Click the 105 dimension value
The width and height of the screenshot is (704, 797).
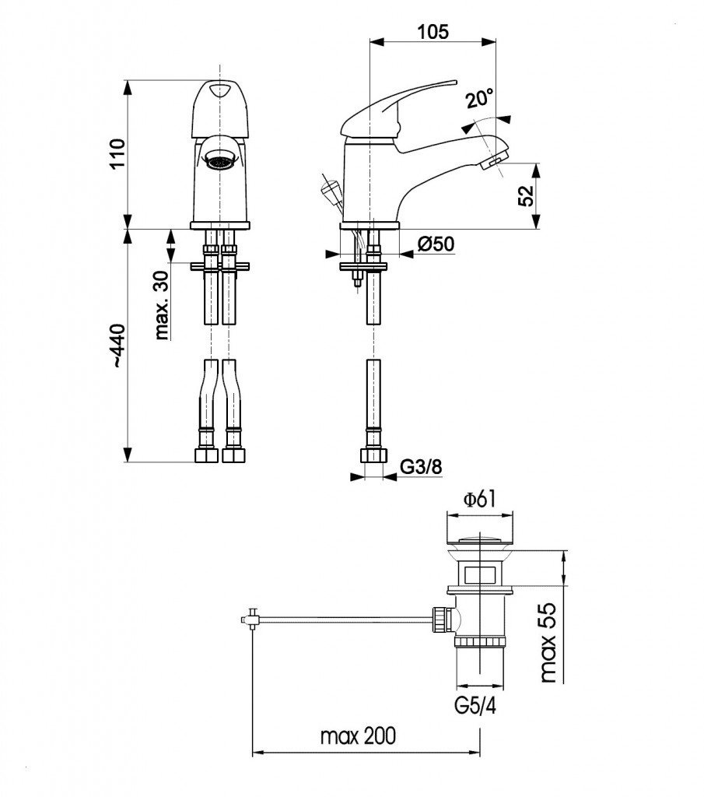433,32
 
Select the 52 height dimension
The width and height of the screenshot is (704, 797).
526,195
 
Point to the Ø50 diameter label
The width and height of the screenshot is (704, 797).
436,244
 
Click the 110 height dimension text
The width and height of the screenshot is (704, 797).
117,154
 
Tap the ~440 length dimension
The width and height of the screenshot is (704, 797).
117,346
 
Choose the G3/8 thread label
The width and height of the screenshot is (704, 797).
421,467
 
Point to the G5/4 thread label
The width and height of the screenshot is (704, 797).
474,707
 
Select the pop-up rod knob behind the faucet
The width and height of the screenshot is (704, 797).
329,188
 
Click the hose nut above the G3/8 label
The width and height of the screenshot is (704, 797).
373,456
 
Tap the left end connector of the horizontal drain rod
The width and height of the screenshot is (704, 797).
250,620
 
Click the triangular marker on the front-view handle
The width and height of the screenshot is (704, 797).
220,91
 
